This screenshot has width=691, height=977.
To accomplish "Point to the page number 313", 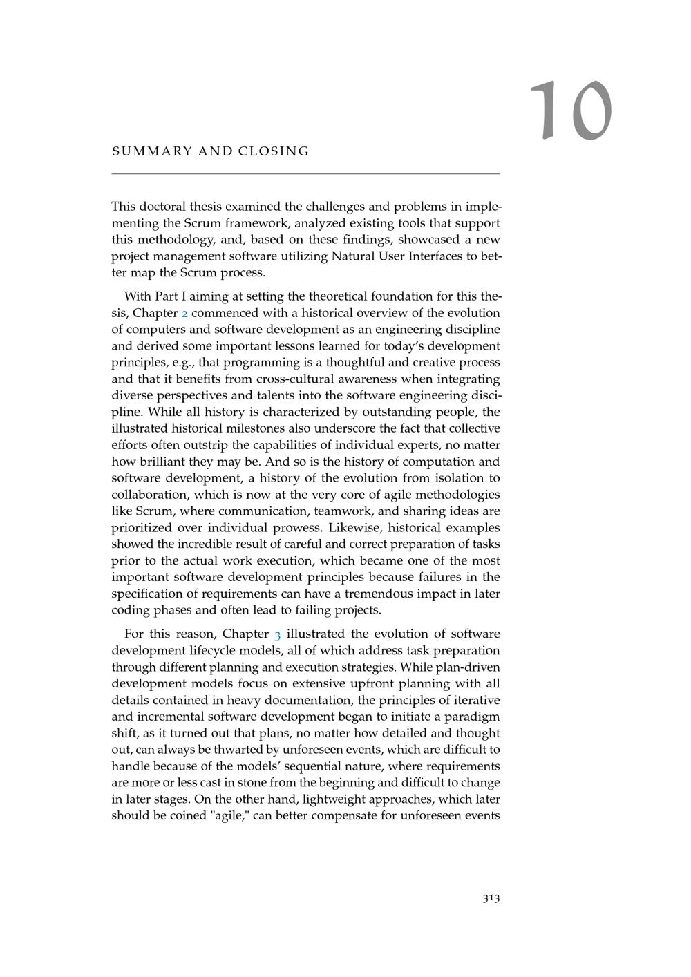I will click(x=491, y=898).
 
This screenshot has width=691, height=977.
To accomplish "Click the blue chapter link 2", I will click(x=184, y=313).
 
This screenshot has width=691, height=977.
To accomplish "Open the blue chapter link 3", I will click(x=277, y=634).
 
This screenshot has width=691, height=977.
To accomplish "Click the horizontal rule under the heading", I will click(x=305, y=173).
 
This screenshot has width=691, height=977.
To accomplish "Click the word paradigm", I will click(x=476, y=717).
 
